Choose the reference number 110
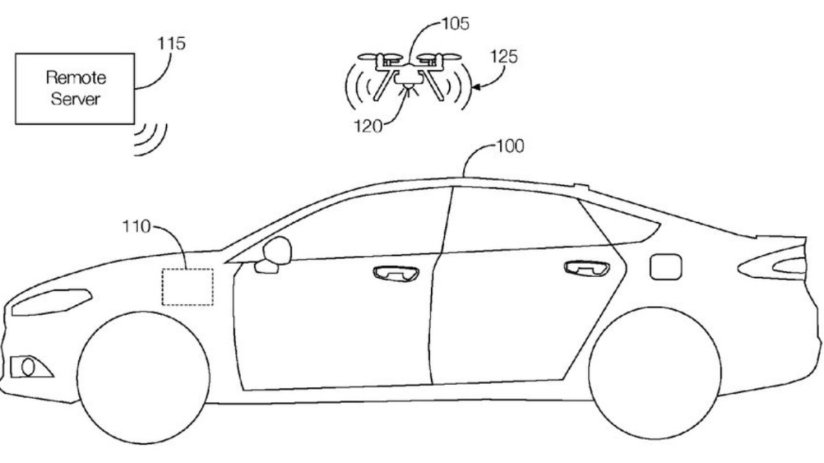point(135,227)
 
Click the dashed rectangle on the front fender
point(187,287)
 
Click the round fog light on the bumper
point(29,367)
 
